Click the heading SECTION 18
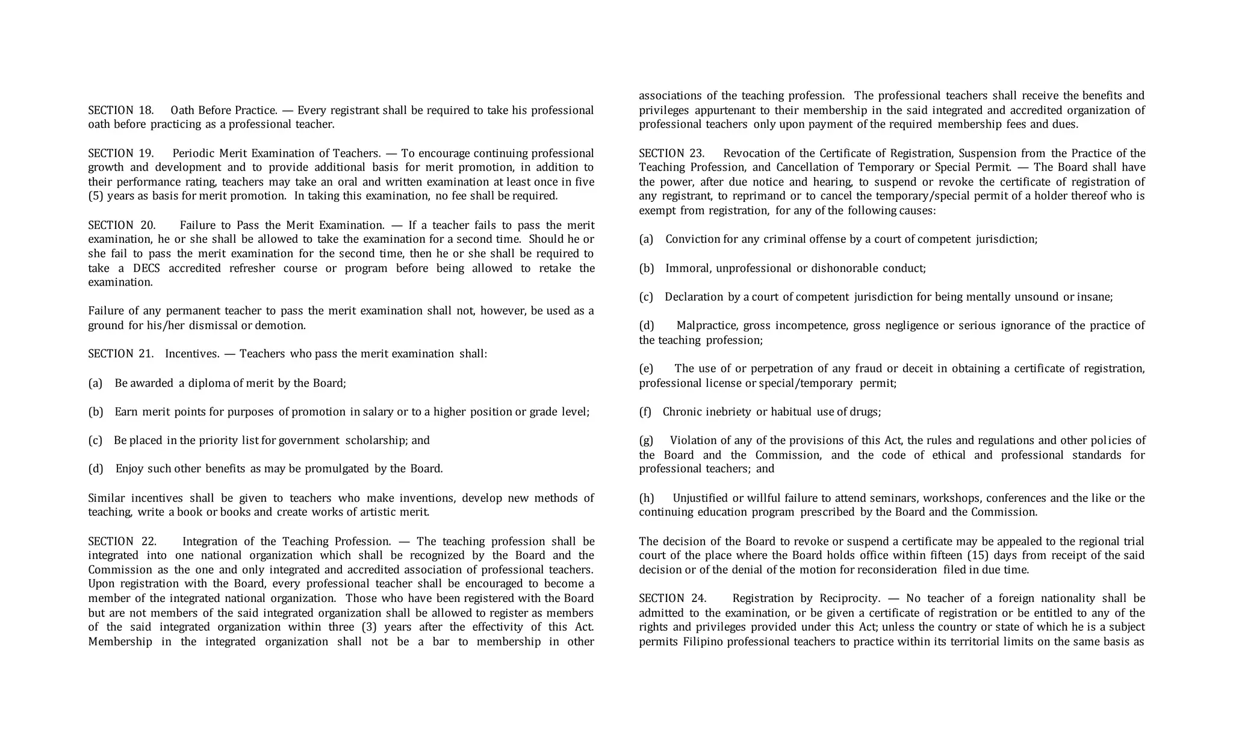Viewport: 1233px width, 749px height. (x=120, y=110)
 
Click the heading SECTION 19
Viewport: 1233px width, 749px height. (x=120, y=153)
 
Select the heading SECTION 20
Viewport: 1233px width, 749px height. (x=122, y=225)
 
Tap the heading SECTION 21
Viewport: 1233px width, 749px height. (x=120, y=354)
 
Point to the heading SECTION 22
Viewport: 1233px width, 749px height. (x=122, y=541)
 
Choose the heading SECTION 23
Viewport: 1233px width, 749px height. (x=671, y=153)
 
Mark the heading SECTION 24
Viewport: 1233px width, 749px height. (x=672, y=598)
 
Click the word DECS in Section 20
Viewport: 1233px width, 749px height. (x=146, y=268)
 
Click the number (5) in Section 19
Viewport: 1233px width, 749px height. (x=95, y=196)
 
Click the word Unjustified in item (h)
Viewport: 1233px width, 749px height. (x=700, y=498)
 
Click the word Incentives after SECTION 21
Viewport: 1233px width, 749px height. (x=192, y=354)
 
